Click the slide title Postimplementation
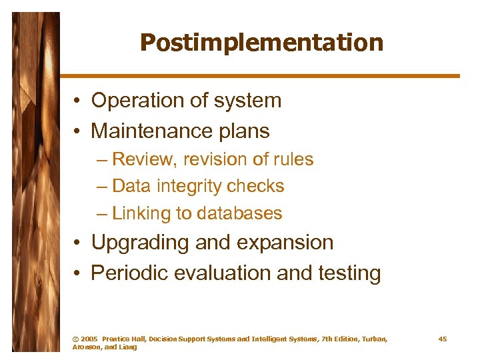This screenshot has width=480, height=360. point(261,43)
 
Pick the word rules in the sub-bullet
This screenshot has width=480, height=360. point(294,160)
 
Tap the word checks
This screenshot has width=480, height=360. point(259,187)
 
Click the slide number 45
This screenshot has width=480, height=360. point(443,339)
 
